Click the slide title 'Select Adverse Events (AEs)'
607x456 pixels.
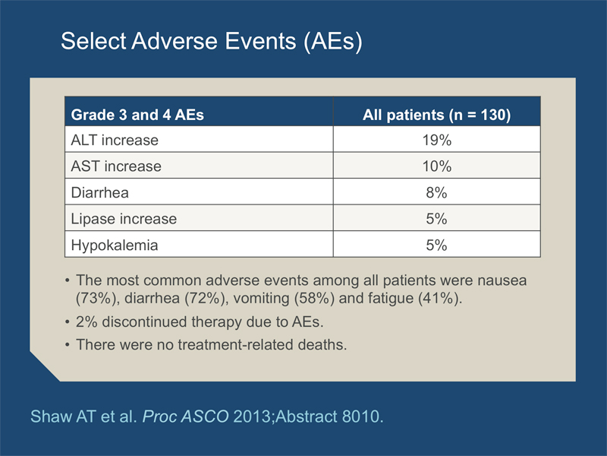click(x=212, y=41)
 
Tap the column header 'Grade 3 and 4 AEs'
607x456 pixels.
click(x=137, y=115)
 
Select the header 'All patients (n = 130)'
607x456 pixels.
click(x=437, y=116)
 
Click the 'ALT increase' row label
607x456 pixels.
click(x=115, y=140)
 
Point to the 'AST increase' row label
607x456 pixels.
click(x=116, y=166)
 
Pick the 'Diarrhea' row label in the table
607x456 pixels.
click(x=100, y=193)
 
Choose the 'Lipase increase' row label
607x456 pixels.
click(x=124, y=219)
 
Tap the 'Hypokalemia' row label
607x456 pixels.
click(x=115, y=245)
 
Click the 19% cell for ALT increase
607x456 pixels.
click(x=437, y=140)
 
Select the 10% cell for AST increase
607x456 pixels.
click(x=437, y=166)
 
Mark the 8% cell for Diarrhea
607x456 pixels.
click(x=437, y=193)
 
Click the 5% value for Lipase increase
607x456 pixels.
click(x=437, y=219)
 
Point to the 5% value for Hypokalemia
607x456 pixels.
click(x=437, y=245)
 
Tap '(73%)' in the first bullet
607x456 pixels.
click(x=98, y=298)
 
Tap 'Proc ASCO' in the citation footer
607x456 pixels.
click(x=185, y=416)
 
